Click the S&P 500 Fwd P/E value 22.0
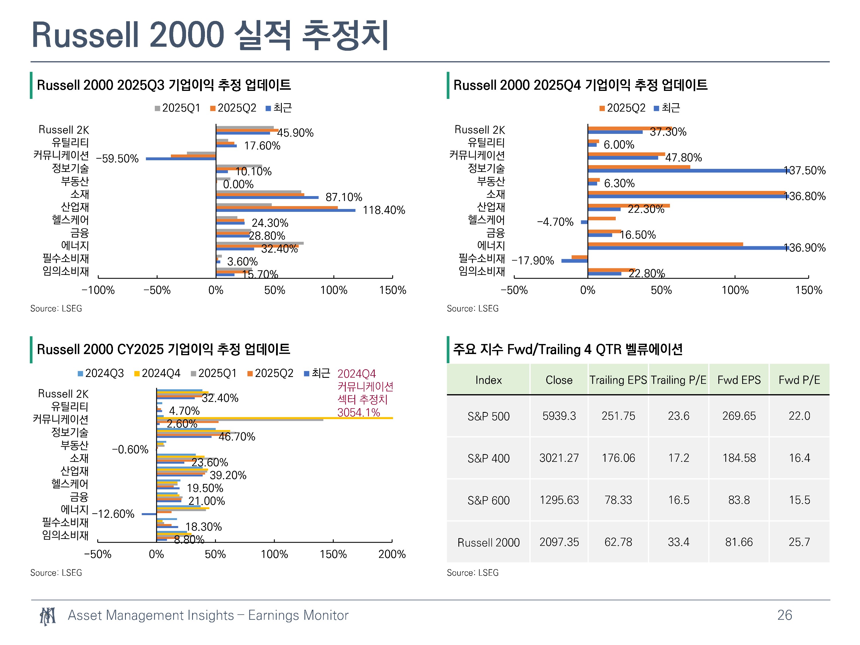(799, 416)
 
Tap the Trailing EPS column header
(618, 380)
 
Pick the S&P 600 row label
(488, 500)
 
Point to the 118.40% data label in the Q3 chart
(384, 210)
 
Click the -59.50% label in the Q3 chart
(117, 159)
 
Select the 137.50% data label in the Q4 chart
(804, 170)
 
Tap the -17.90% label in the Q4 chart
(533, 261)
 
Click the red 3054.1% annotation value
(358, 412)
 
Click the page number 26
(785, 615)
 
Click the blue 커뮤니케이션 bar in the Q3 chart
(181, 159)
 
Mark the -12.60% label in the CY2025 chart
(113, 514)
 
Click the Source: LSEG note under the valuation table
(472, 573)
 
